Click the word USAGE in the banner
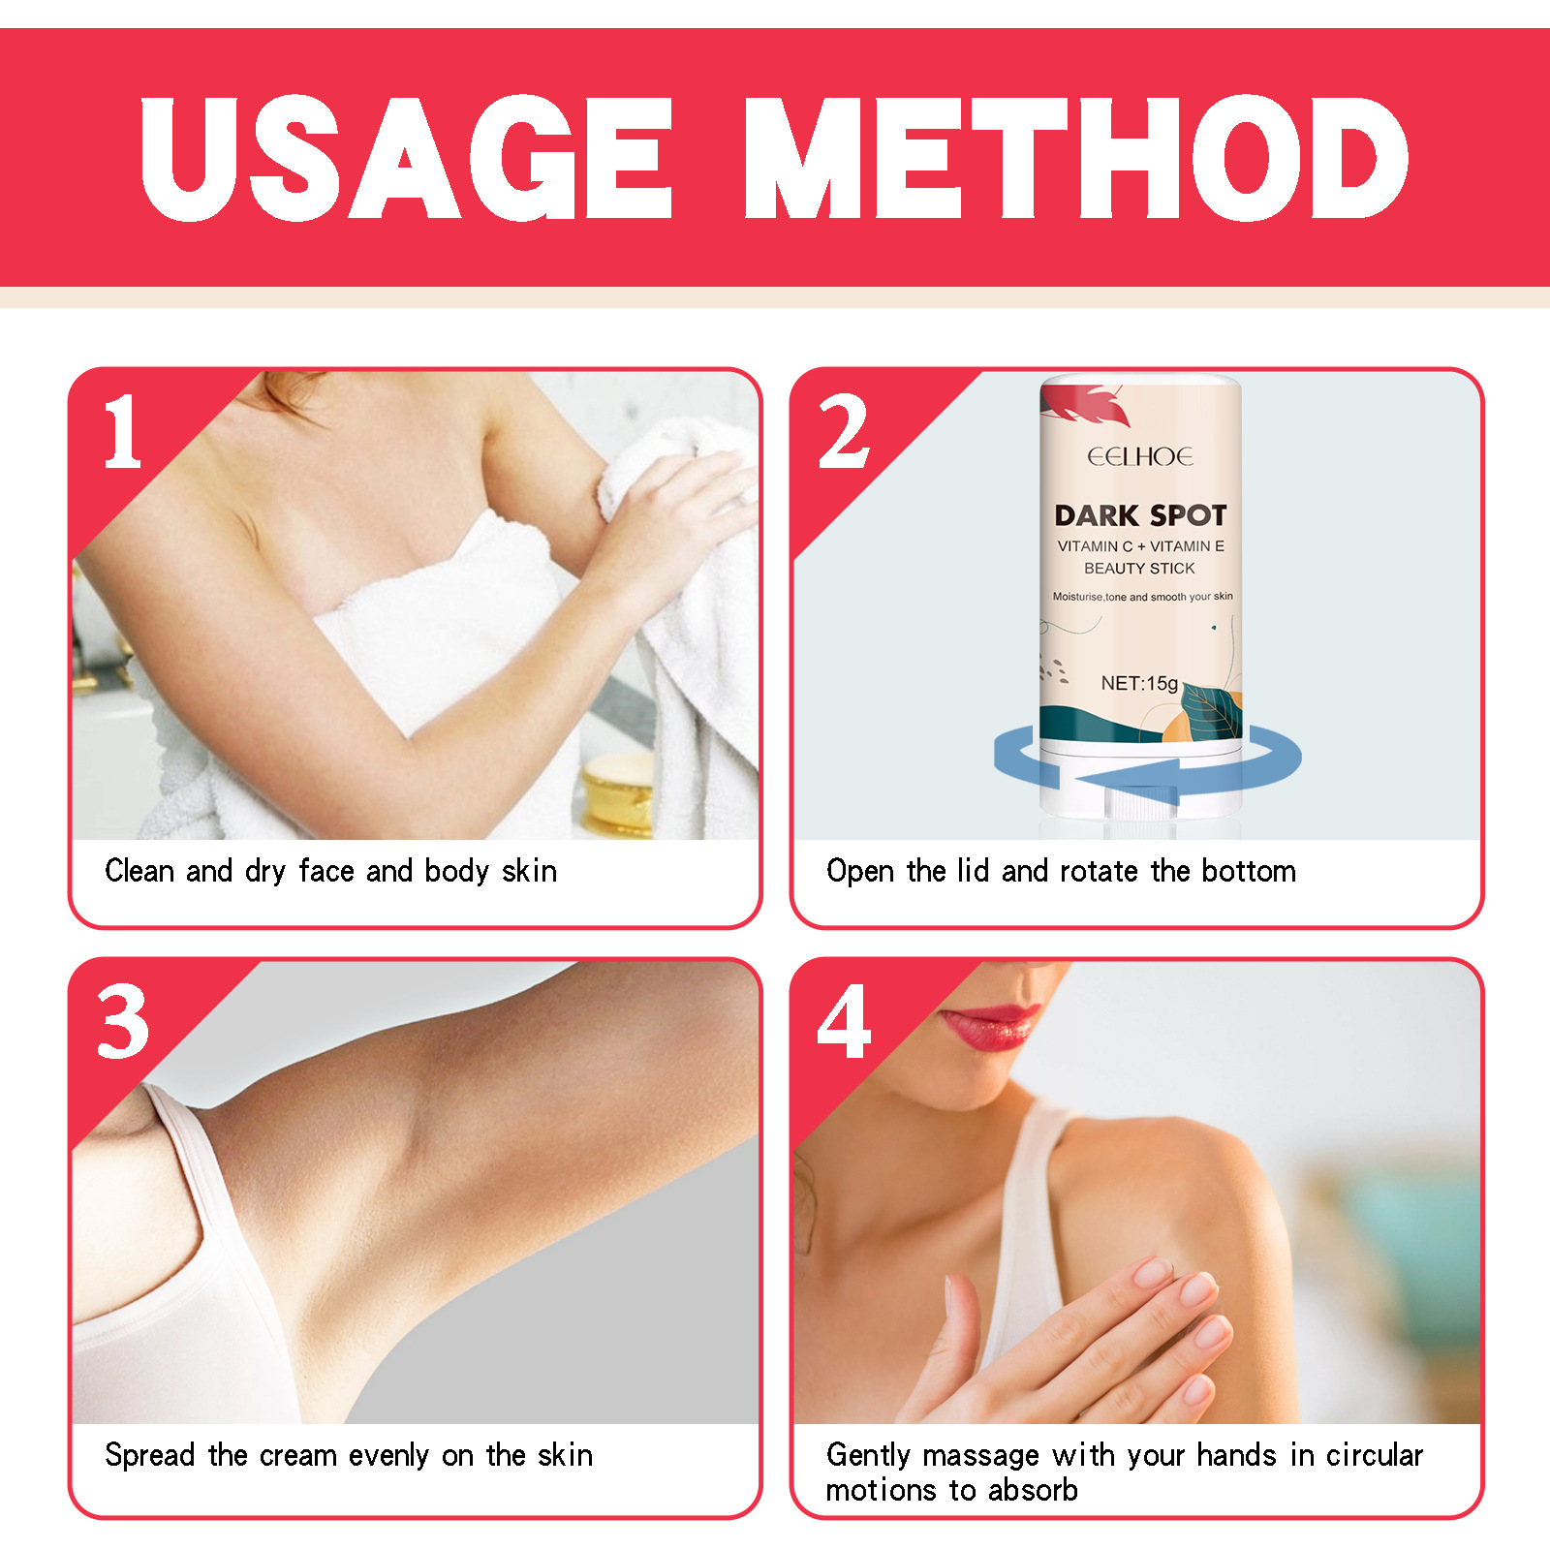406,158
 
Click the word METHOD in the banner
1075,158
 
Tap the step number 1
123,432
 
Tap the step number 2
843,432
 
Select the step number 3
123,1021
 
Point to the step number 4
843,1021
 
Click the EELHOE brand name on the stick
1139,457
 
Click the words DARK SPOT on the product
1140,515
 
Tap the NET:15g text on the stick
1139,683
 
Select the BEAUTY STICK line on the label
1139,569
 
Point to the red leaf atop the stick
1090,404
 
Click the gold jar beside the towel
616,794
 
